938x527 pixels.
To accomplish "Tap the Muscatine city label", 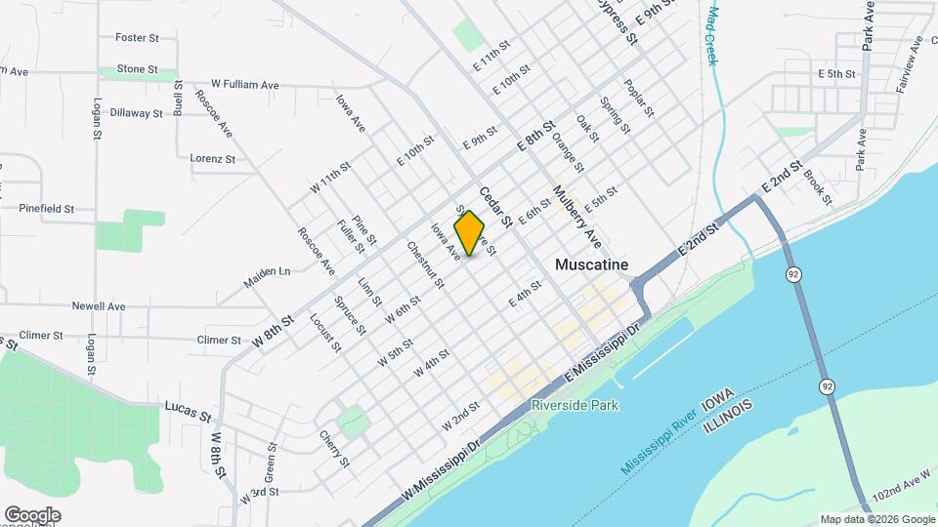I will point(590,264).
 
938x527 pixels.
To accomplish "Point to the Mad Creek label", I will point(712,37).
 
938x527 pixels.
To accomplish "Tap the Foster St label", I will point(137,38).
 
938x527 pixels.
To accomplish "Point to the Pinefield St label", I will point(47,209).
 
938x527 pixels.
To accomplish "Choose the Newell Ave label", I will point(99,306).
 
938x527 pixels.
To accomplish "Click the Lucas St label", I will point(188,410).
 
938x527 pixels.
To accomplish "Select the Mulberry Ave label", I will point(576,216).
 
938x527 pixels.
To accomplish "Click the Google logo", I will point(32,515).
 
